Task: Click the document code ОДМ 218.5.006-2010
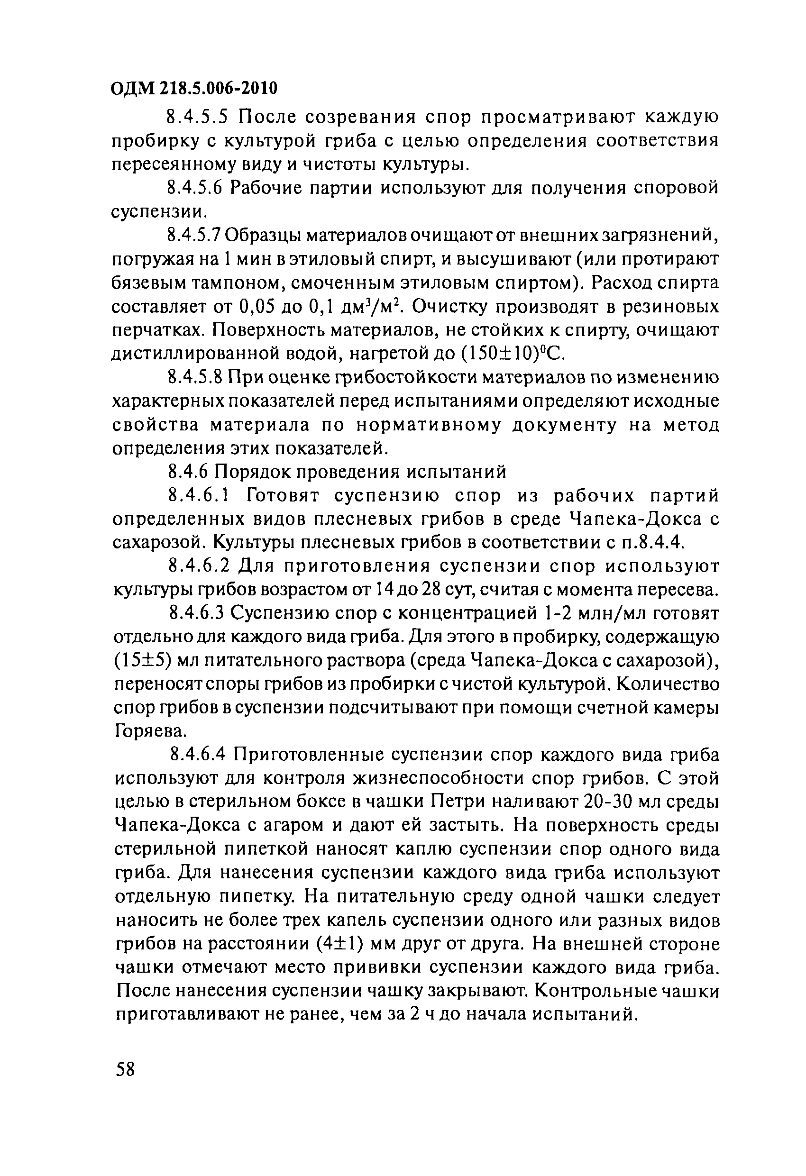click(x=194, y=89)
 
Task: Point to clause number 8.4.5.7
click(x=194, y=235)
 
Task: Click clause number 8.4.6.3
click(x=195, y=613)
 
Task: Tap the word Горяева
click(x=148, y=731)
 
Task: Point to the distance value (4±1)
click(x=338, y=944)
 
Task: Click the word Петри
click(x=463, y=802)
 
